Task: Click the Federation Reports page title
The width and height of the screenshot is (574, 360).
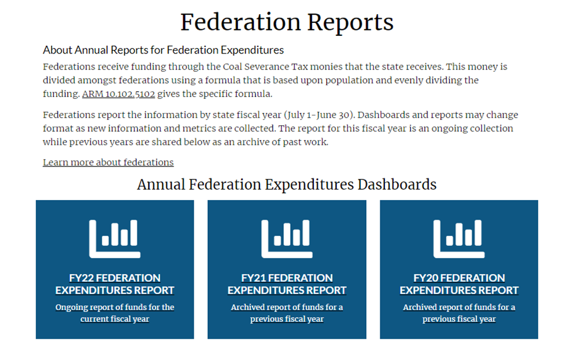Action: pos(287,22)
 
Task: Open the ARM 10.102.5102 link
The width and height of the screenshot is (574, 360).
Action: pos(118,94)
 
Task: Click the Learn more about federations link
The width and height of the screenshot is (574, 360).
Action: pos(108,162)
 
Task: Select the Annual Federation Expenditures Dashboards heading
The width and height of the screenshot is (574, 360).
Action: pos(287,185)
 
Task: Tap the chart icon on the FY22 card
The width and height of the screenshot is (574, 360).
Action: pos(115,239)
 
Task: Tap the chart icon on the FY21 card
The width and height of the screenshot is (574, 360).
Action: pos(287,239)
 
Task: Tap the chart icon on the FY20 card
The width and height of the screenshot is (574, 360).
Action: pos(459,239)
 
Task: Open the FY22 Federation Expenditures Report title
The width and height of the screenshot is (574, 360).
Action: pos(115,284)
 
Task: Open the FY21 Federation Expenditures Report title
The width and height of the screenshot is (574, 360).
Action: pos(287,284)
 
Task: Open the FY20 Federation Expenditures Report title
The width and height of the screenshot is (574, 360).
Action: pos(459,284)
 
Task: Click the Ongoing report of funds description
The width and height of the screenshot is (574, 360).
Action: pos(115,313)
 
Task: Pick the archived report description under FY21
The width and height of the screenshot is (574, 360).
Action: pos(287,313)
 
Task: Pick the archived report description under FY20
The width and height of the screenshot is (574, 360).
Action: pos(459,313)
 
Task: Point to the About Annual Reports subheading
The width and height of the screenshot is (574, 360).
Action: pos(163,50)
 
